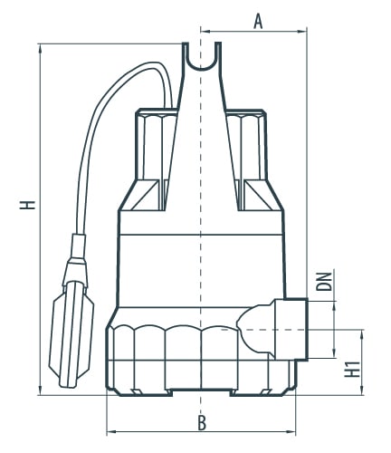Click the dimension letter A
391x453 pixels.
258,22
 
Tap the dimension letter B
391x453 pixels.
202,422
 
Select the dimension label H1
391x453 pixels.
352,369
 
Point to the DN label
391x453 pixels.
324,282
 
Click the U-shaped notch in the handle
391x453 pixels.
202,61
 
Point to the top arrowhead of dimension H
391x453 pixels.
41,49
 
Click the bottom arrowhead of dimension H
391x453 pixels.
41,390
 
